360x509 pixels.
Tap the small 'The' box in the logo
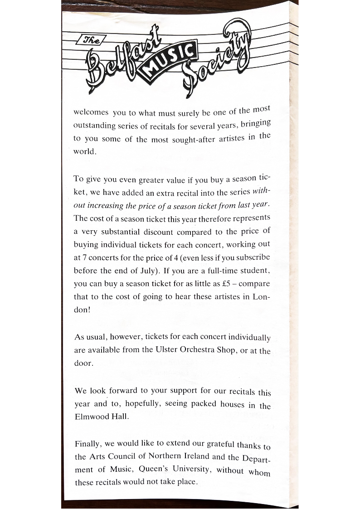coord(92,39)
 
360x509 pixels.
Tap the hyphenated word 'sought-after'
coord(192,139)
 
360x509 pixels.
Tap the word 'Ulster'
coord(166,351)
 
